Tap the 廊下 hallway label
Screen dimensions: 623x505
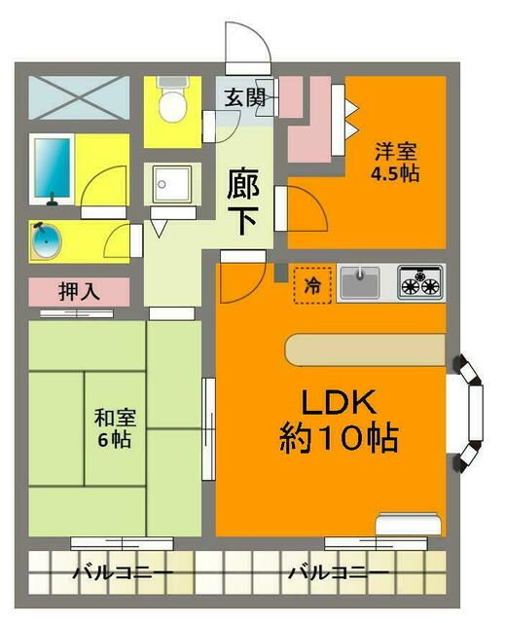[x=242, y=201]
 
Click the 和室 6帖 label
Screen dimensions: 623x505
[x=115, y=427]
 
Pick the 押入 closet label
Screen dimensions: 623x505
[x=78, y=290]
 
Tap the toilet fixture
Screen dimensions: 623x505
[x=171, y=103]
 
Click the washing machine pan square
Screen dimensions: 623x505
[x=173, y=183]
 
